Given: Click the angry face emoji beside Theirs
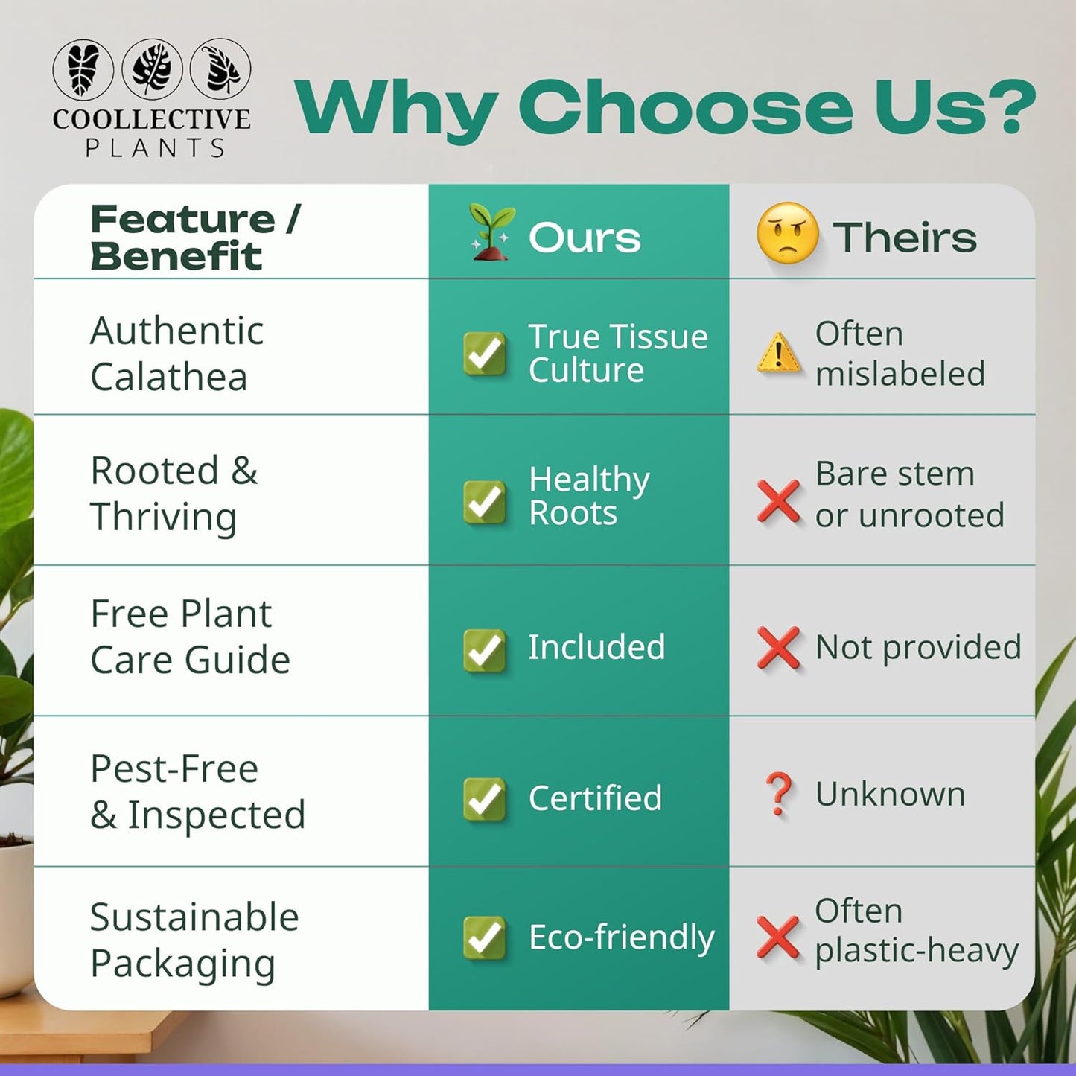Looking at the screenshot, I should tap(787, 233).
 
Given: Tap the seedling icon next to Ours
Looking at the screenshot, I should tap(490, 234).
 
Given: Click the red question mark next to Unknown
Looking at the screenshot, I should tap(778, 794).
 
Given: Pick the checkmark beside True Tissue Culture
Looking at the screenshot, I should tap(485, 353).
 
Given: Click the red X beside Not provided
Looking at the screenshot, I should tap(778, 647).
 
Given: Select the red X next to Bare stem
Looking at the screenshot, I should tap(778, 500).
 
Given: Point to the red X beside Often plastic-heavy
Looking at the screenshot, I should tap(778, 937).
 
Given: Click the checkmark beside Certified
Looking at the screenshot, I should tap(485, 798).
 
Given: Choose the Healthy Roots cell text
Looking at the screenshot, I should tap(588, 496).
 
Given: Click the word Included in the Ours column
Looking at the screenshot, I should tap(596, 647).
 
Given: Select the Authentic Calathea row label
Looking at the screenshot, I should tap(176, 353).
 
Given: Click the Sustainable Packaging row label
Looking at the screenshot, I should tap(194, 940).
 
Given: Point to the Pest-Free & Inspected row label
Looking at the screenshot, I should tap(197, 792).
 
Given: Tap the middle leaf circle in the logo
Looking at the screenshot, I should tap(152, 69).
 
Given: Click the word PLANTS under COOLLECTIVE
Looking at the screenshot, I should tap(155, 148).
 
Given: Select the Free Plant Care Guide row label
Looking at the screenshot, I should tap(190, 637).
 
